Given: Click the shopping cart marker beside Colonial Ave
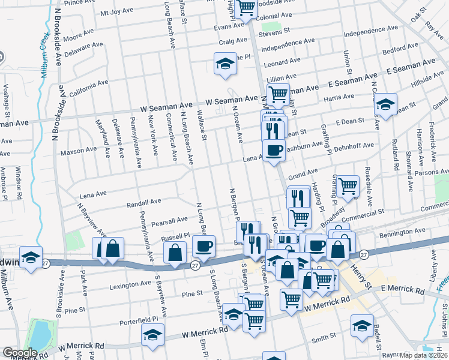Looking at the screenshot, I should pos(246,8).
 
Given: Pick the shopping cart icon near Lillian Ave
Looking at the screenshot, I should pos(278,94).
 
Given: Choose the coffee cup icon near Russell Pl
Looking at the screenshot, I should pos(203,246).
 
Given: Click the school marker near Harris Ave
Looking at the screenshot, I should pos(386,104).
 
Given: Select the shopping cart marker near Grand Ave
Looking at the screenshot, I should pos(348,186).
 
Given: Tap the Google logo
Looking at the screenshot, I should pos(20,352).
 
